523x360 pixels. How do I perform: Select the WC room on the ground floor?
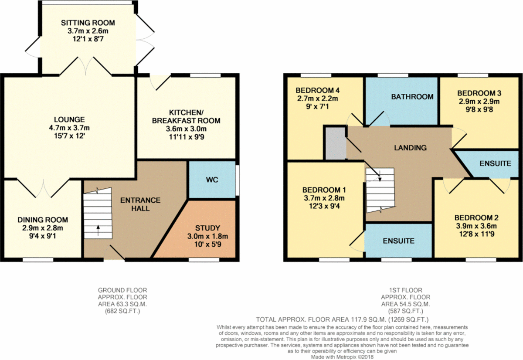point(211,180)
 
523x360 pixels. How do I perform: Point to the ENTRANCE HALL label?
point(140,204)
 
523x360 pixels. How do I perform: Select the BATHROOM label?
point(412,96)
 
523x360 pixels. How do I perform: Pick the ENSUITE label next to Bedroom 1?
point(399,241)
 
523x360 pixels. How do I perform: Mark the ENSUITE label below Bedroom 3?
point(495,164)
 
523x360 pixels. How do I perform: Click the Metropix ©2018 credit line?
point(342,357)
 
